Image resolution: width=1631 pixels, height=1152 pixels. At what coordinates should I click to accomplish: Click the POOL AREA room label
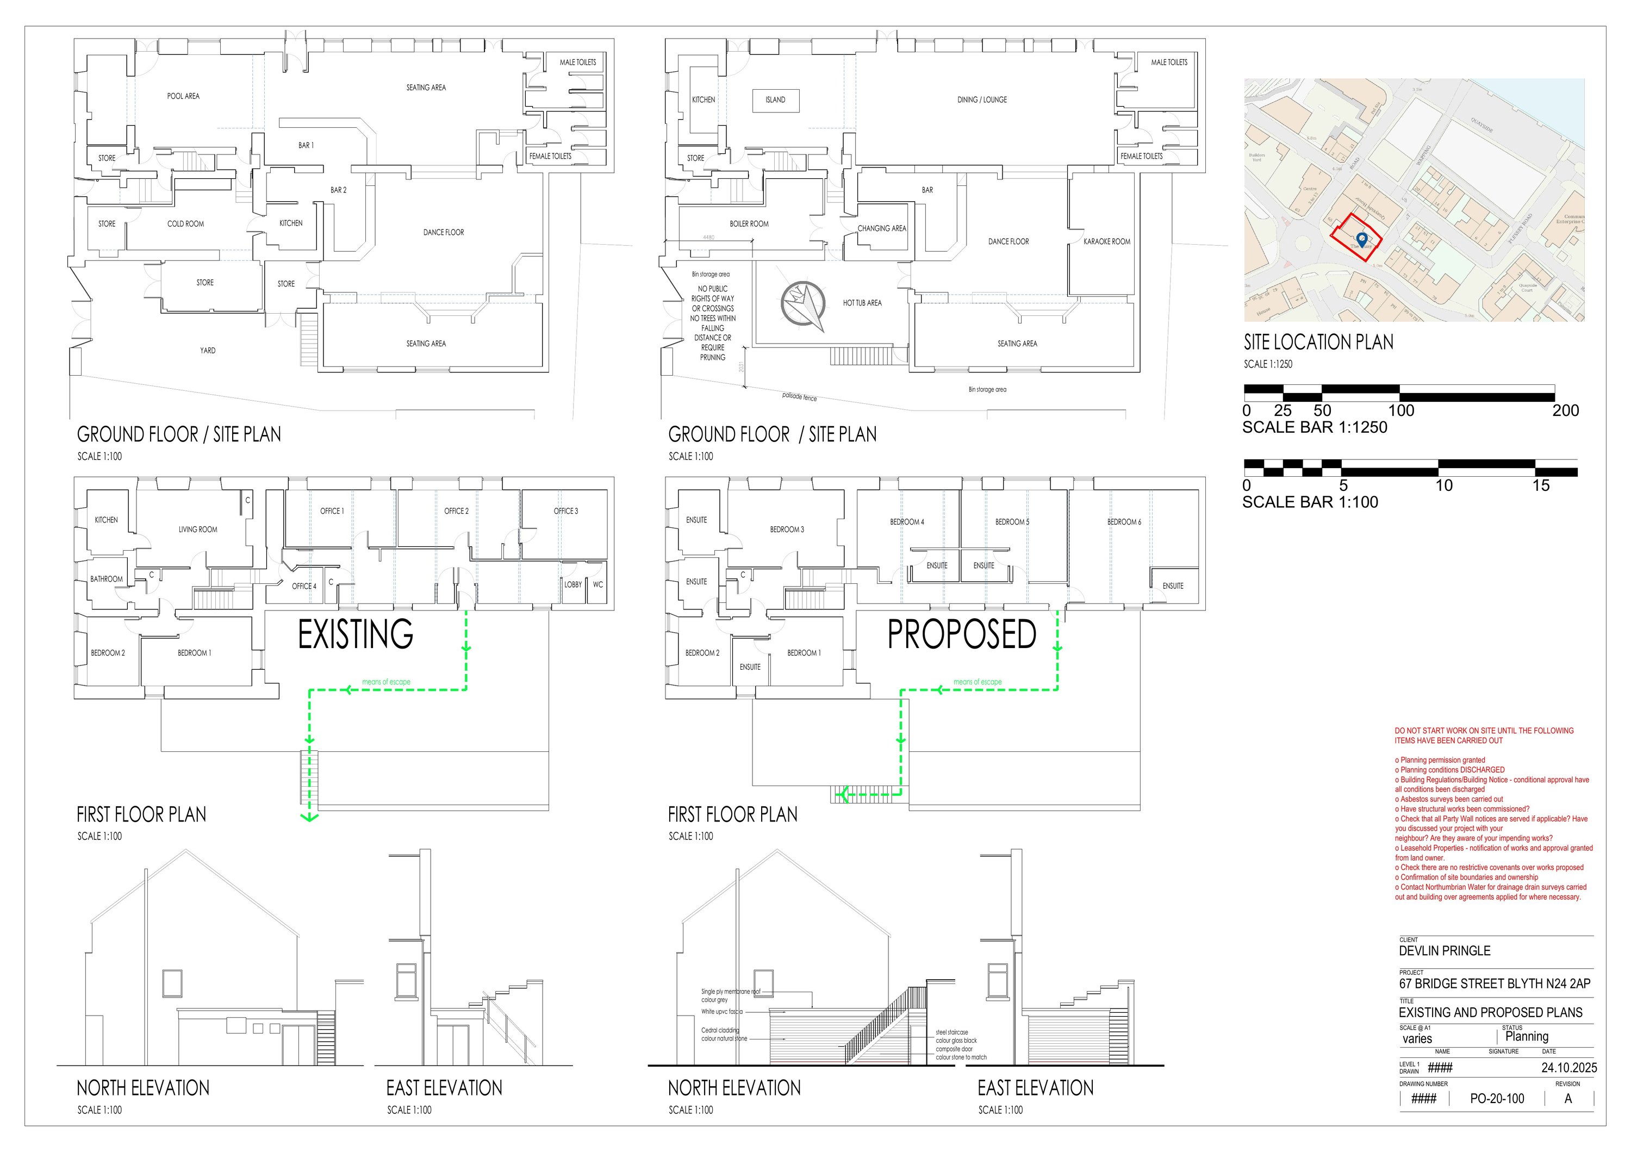coord(183,96)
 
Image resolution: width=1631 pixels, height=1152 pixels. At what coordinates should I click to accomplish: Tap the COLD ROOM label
coord(185,224)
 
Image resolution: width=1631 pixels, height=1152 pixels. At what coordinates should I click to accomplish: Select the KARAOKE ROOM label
coord(1107,241)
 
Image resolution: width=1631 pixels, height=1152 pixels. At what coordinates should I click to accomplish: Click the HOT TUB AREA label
coord(862,303)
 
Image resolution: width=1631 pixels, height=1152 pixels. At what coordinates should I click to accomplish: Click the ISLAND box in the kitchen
coord(775,100)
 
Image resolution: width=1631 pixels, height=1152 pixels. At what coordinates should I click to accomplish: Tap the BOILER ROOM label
coord(749,224)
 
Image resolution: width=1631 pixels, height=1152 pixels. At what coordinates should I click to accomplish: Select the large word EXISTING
coord(355,634)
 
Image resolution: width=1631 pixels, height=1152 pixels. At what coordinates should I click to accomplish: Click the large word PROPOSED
coord(961,634)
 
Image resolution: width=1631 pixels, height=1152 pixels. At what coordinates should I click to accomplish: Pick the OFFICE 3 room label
coord(565,510)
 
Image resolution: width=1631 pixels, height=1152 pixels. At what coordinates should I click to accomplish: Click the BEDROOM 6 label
coord(1124,522)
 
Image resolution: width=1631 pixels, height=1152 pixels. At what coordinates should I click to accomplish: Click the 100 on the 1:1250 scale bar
coord(1401,410)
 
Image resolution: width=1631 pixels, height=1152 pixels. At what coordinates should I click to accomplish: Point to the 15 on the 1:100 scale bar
coord(1540,486)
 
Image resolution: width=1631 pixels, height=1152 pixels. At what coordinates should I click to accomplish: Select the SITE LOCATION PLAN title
coord(1318,343)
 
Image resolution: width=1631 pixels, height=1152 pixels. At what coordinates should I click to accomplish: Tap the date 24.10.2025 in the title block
coord(1568,1068)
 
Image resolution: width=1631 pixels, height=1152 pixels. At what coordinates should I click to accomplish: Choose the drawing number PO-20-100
coord(1497,1099)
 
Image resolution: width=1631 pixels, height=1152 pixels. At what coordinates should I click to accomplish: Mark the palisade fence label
coord(799,397)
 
